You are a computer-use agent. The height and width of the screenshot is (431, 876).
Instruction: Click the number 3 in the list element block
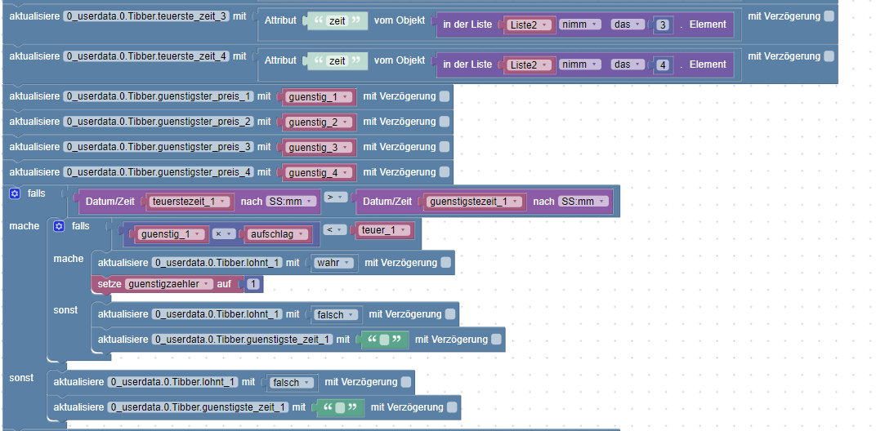[663, 24]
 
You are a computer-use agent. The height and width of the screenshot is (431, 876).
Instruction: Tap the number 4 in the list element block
[663, 64]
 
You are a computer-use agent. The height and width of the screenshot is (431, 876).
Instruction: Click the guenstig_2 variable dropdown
[319, 122]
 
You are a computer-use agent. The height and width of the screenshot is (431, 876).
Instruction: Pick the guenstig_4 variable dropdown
[319, 172]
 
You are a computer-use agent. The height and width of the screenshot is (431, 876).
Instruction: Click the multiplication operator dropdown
[222, 234]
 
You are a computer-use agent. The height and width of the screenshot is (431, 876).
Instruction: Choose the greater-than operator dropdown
[334, 198]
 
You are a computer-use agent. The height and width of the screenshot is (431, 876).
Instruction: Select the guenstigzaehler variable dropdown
[169, 284]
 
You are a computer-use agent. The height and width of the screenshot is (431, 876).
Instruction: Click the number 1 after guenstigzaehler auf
[254, 284]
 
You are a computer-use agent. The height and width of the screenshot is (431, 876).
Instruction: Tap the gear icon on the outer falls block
[14, 193]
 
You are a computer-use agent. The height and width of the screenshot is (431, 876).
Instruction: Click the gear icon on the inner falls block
[58, 226]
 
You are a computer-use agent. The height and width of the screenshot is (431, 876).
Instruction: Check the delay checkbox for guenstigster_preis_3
[445, 147]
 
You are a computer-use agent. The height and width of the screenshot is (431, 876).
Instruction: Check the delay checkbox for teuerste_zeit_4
[829, 56]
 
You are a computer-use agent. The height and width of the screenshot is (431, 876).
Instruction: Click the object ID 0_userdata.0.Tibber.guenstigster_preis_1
[158, 96]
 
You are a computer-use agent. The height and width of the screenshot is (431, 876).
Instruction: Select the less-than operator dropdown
[334, 230]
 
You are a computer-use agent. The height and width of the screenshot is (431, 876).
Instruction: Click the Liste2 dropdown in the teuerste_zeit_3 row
[530, 24]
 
